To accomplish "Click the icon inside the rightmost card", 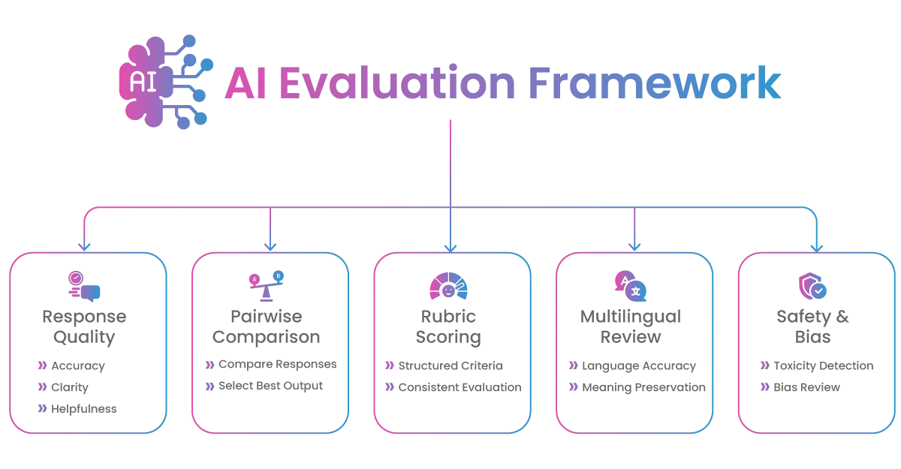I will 813,286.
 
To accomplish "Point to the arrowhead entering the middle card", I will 450,247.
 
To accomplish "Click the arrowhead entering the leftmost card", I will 85,247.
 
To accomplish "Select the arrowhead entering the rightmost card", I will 816,247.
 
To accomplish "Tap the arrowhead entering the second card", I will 269,247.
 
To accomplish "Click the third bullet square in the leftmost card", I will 42,408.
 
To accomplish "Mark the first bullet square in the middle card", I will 390,366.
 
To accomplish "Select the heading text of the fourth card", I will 632,326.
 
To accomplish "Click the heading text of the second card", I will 268,326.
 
